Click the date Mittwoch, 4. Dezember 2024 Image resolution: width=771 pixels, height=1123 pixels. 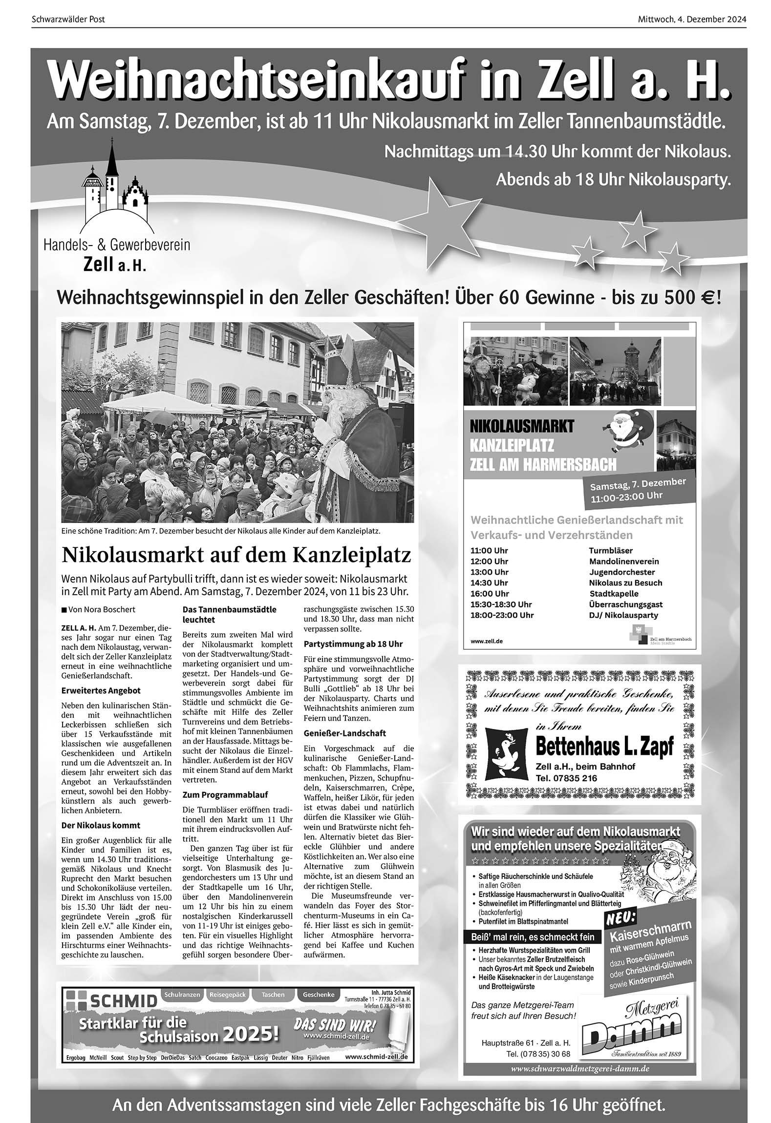(x=691, y=20)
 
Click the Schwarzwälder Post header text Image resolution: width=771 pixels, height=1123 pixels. (x=68, y=20)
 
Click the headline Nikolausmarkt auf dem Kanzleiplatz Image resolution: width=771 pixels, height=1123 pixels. (x=236, y=555)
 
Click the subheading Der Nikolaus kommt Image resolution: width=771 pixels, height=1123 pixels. (x=101, y=825)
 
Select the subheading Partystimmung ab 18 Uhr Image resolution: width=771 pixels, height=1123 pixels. (x=353, y=644)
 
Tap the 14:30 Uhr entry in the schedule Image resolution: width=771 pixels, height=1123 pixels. (x=489, y=582)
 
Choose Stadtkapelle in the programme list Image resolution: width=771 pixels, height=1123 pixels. (x=614, y=594)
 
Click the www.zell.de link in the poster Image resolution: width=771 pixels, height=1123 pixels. (x=486, y=641)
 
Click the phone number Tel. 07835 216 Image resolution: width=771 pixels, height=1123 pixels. (x=566, y=778)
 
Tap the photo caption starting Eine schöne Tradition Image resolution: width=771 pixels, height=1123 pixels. (x=220, y=531)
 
